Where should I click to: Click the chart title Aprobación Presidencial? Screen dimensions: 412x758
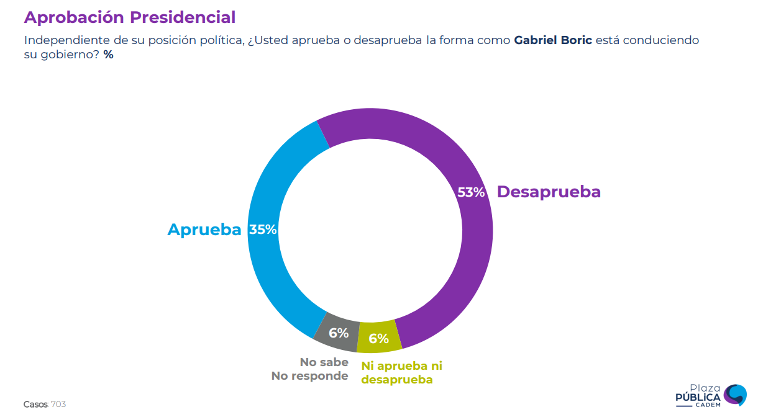click(130, 17)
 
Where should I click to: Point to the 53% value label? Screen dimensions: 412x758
click(471, 192)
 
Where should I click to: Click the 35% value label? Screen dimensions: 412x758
click(263, 230)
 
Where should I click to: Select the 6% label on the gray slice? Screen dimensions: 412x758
click(339, 333)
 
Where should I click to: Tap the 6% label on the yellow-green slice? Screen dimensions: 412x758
click(378, 339)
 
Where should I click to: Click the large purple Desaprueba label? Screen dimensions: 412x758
click(549, 192)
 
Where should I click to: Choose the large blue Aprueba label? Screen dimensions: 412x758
click(204, 230)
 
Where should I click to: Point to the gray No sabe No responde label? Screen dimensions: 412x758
click(310, 369)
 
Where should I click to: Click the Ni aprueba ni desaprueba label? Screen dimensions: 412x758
click(401, 372)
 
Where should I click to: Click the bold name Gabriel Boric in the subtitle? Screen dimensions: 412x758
click(553, 40)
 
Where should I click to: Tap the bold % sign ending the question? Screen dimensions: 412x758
click(109, 55)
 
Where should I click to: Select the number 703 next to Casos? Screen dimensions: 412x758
click(58, 405)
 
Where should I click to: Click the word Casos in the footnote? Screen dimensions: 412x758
click(35, 405)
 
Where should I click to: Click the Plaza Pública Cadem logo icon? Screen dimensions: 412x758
click(736, 395)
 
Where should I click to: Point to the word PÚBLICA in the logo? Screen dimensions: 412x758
click(698, 397)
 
